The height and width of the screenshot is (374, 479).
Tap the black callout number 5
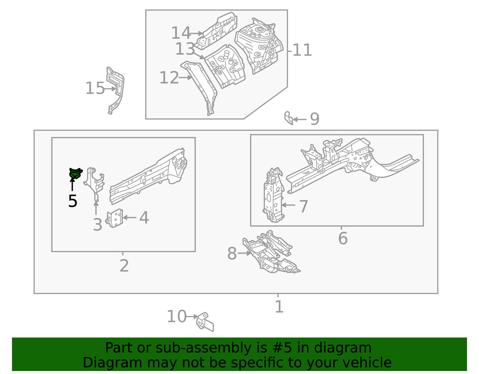point(72,201)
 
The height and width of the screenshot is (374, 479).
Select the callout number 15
point(95,89)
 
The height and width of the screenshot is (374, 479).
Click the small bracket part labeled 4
point(114,218)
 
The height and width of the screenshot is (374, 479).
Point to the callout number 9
point(314,119)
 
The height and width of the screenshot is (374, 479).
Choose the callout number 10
point(176,317)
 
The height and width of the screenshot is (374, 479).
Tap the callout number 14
point(181,33)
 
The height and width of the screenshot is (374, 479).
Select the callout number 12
point(169,78)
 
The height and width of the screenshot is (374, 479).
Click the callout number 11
point(302,50)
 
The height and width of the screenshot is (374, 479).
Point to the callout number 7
point(303,206)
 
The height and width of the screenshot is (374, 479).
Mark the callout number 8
point(232,254)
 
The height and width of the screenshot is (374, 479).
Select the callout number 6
point(342,238)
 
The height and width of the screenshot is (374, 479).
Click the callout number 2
point(124,265)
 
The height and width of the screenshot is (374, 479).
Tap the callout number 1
point(279,306)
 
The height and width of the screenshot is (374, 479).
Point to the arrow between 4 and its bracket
point(130,217)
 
